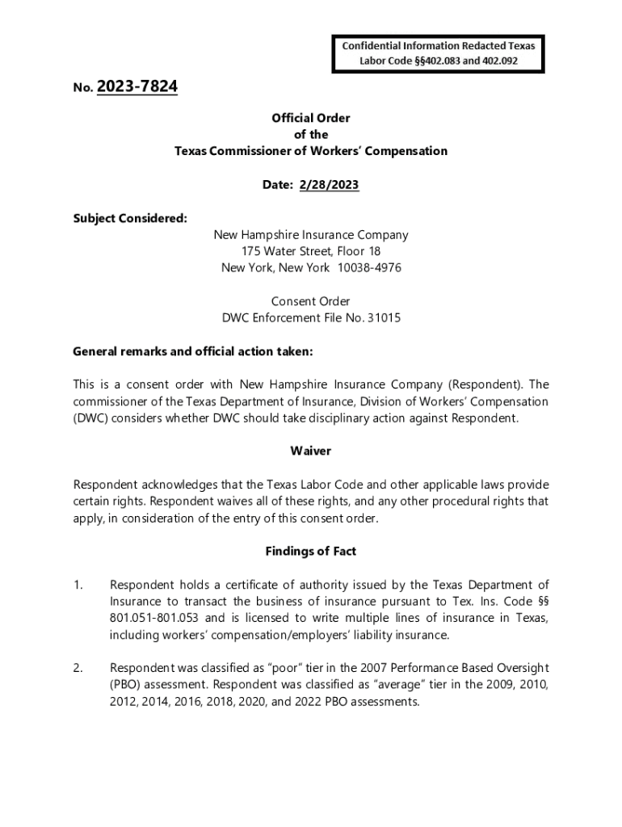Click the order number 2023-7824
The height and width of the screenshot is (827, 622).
point(137,86)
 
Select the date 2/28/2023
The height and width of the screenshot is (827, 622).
point(329,185)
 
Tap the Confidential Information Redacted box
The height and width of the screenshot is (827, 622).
point(437,52)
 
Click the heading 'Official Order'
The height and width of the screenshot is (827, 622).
point(311,118)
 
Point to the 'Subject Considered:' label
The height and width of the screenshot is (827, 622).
point(129,218)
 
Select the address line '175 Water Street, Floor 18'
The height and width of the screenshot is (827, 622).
point(311,251)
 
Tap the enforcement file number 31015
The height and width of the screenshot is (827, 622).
point(385,317)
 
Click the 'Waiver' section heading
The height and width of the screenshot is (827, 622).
point(311,451)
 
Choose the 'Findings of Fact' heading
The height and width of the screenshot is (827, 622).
point(311,551)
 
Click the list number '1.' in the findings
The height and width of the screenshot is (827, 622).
point(78,585)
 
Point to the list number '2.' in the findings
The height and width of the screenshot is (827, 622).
point(78,668)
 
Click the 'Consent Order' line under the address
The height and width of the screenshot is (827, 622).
point(311,301)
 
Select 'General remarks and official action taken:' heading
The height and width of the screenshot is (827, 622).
point(192,351)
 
